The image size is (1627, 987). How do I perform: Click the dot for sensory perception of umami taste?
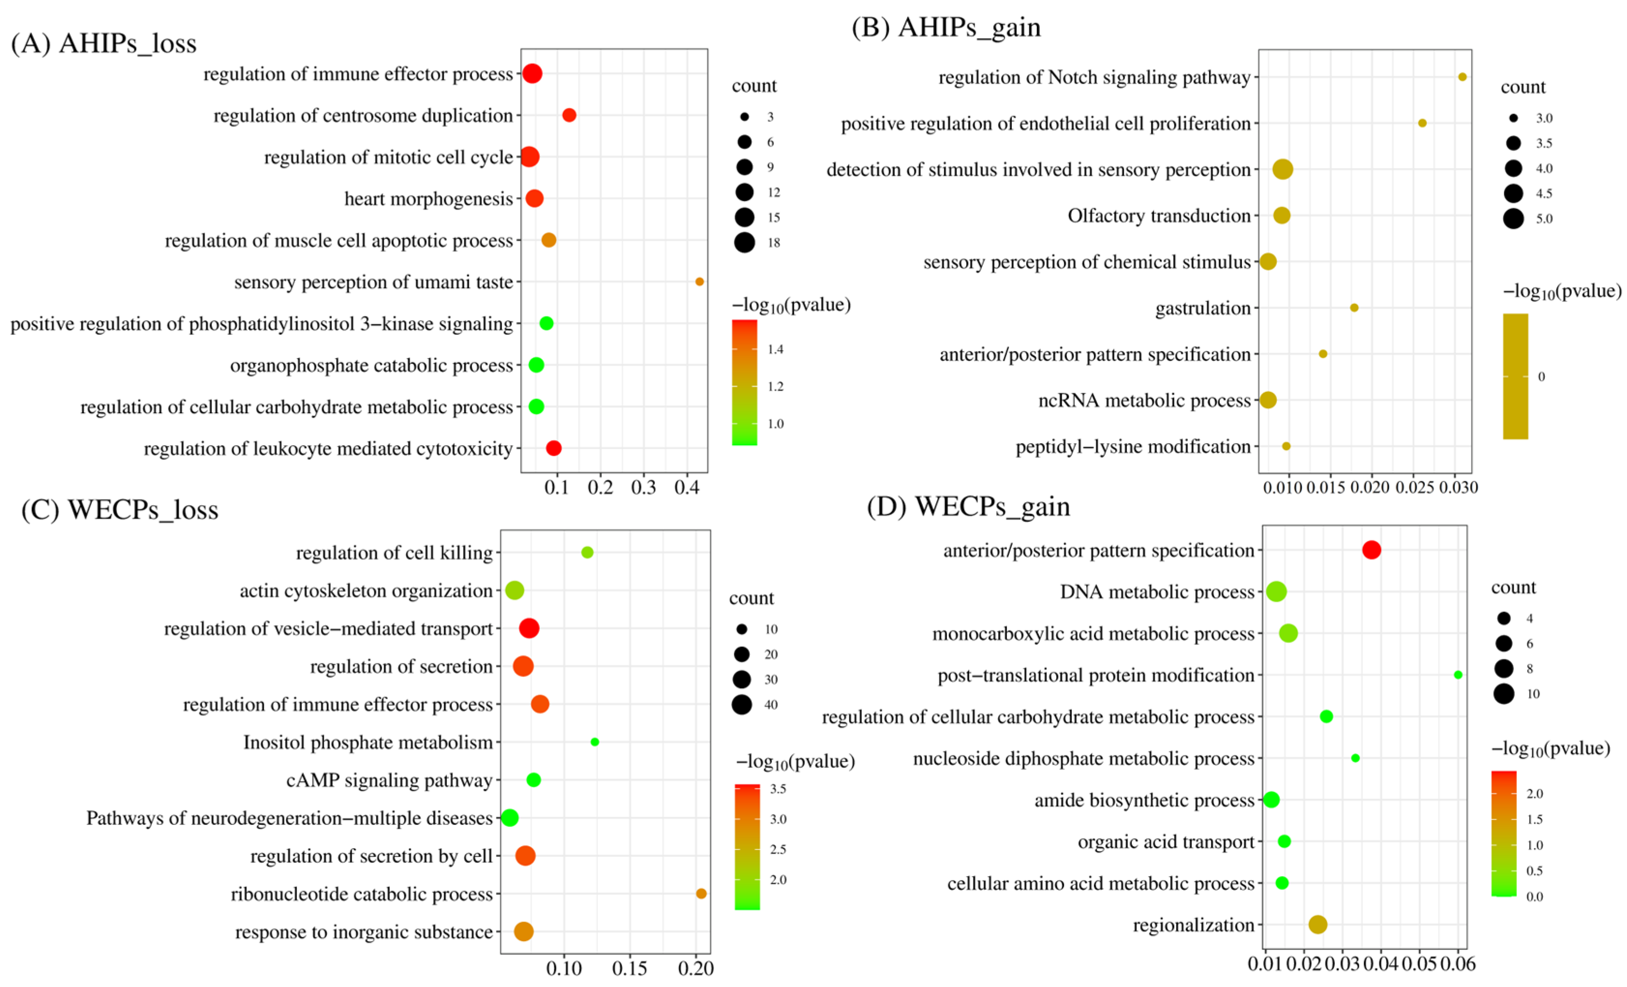pos(699,282)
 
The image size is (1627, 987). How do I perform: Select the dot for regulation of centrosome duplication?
pos(569,115)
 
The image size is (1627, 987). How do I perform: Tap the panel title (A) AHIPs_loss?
pos(104,43)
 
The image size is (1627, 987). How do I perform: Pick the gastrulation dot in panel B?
pos(1354,307)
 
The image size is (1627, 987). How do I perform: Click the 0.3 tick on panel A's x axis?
pos(643,488)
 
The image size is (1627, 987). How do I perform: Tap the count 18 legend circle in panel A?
pos(744,242)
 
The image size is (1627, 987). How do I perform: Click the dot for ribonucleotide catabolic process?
pos(701,893)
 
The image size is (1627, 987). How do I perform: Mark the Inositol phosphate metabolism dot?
pos(595,742)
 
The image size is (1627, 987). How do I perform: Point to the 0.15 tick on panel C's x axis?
pos(629,969)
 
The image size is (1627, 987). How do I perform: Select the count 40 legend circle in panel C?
pos(741,704)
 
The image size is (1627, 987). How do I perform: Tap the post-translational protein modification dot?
pos(1458,674)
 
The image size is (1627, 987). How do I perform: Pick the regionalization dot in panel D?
pos(1317,924)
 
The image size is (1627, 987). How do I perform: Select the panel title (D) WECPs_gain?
pos(968,507)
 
